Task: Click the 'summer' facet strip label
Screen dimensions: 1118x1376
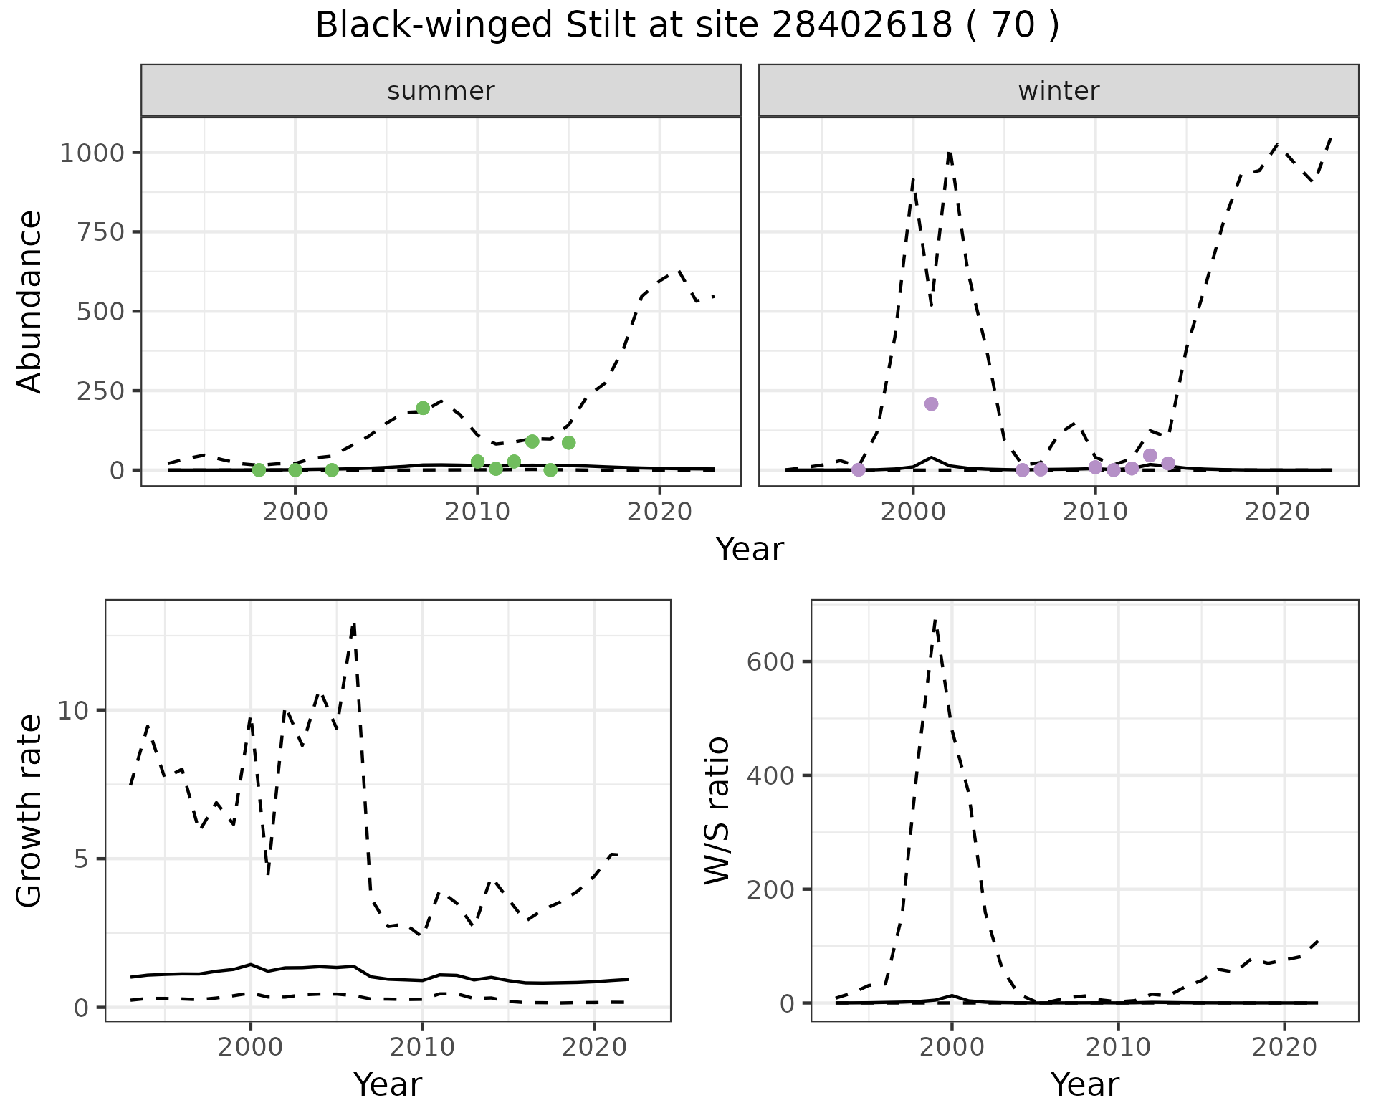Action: click(441, 91)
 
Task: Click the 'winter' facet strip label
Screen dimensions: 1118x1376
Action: click(1059, 91)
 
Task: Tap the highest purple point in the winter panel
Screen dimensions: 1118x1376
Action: click(931, 404)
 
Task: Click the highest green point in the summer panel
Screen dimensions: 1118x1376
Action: click(423, 408)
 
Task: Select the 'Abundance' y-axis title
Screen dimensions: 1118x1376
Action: click(30, 301)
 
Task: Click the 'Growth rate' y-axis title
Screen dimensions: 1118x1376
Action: click(30, 810)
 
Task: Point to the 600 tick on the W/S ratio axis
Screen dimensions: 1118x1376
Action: click(771, 661)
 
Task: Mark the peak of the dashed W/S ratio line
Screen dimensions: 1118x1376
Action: click(935, 621)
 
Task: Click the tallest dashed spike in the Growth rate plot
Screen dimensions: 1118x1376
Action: click(353, 624)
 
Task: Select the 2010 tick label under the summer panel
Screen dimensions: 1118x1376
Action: click(477, 512)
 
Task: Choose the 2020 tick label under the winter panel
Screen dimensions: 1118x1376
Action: click(1277, 512)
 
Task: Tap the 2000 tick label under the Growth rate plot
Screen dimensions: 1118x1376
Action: click(250, 1047)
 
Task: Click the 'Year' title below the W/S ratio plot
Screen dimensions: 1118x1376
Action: click(1084, 1084)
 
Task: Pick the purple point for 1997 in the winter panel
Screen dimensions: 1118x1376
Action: click(859, 469)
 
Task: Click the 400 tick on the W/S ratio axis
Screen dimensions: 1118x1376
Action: click(771, 775)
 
